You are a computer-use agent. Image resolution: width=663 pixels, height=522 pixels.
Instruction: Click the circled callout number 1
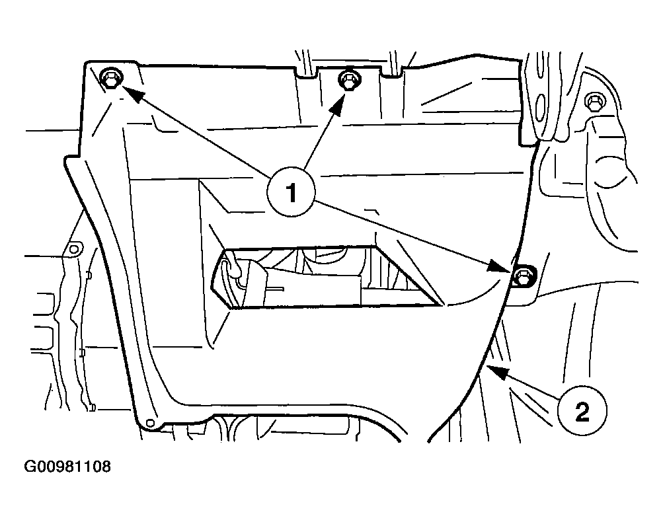coord(291,193)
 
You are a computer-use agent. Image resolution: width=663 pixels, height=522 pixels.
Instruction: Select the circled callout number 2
coord(582,410)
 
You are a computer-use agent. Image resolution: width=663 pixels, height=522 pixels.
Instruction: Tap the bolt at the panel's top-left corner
coord(112,79)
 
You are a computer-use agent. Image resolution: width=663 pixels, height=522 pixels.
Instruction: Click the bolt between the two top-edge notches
coord(349,81)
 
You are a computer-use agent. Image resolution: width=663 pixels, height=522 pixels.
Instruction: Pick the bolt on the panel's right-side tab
coord(523,276)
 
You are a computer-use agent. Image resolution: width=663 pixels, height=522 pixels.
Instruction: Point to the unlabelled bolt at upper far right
coord(594,102)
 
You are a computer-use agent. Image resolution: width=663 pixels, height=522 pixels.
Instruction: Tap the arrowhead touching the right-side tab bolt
coord(500,266)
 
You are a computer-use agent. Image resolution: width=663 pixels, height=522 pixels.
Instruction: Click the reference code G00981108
coord(67,467)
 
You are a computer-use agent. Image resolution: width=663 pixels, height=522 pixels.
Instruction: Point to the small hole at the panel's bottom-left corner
coord(149,423)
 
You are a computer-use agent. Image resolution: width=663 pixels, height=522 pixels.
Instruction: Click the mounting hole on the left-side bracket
coord(73,249)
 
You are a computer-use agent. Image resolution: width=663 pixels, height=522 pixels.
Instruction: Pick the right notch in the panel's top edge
coord(393,72)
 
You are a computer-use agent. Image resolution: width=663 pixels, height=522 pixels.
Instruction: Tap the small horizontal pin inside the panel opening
coord(275,289)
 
